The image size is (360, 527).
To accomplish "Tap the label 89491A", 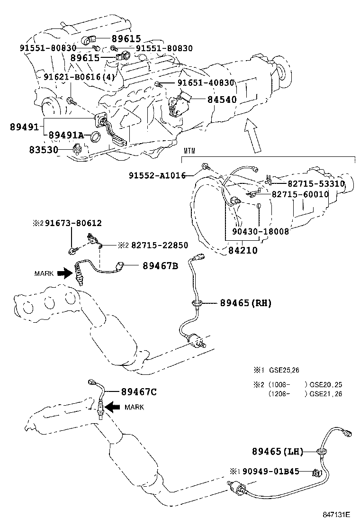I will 66,136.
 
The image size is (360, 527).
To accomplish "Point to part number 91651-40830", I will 206,82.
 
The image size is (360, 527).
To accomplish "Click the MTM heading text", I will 189,151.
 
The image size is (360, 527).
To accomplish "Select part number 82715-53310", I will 315,183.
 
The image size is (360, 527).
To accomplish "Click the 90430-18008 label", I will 261,232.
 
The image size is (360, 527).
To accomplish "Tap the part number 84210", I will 242,250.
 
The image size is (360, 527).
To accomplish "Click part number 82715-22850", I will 159,245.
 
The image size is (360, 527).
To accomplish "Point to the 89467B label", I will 160,266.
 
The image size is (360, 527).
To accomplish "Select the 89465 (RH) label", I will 245,302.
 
